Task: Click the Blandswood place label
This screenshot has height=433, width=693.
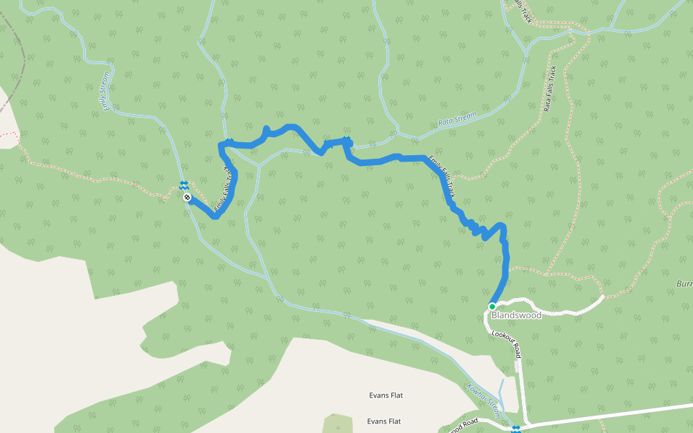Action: click(515, 315)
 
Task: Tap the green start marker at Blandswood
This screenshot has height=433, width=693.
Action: click(492, 306)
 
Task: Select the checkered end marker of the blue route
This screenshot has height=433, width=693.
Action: click(187, 197)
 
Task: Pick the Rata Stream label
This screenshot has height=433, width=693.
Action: click(458, 118)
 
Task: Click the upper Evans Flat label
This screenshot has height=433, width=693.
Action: click(384, 395)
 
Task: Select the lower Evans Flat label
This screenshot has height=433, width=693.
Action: click(384, 421)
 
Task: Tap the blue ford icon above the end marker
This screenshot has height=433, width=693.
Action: click(184, 185)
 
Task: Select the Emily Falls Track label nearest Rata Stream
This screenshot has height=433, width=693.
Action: click(442, 176)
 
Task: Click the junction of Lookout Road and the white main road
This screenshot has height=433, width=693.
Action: click(524, 424)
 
